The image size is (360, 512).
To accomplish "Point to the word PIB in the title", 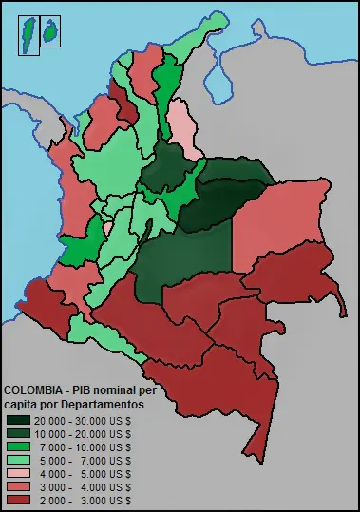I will [92, 390].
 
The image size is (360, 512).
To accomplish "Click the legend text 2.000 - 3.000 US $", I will [85, 500].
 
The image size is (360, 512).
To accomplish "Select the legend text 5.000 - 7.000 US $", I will [85, 460].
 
